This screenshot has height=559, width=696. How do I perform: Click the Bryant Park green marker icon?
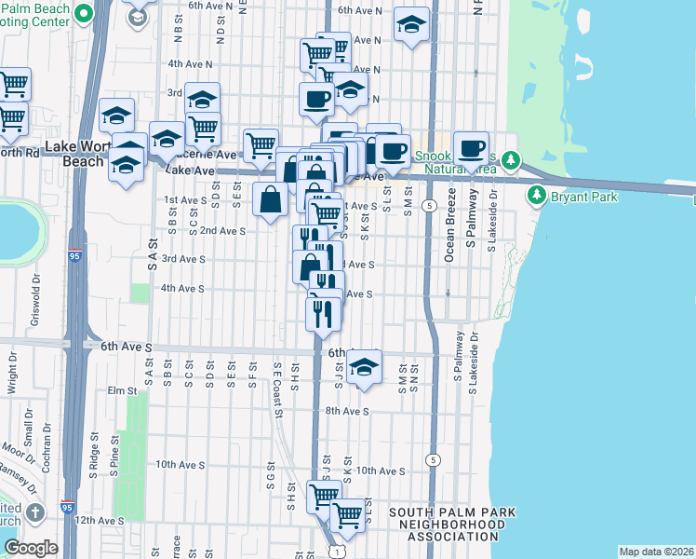pyautogui.click(x=536, y=196)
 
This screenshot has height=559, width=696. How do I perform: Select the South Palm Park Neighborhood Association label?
pyautogui.click(x=451, y=525)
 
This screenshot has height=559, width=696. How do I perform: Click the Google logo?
pyautogui.click(x=31, y=548)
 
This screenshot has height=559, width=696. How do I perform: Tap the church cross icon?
pyautogui.click(x=35, y=513)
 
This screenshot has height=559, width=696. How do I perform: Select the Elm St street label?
pyautogui.click(x=122, y=390)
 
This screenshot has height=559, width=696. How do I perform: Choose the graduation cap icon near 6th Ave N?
pyautogui.click(x=410, y=26)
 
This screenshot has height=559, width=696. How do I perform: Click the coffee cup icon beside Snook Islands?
pyautogui.click(x=471, y=148)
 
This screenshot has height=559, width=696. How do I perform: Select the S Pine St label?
pyautogui.click(x=114, y=461)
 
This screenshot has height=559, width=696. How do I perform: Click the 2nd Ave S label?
pyautogui.click(x=222, y=230)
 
